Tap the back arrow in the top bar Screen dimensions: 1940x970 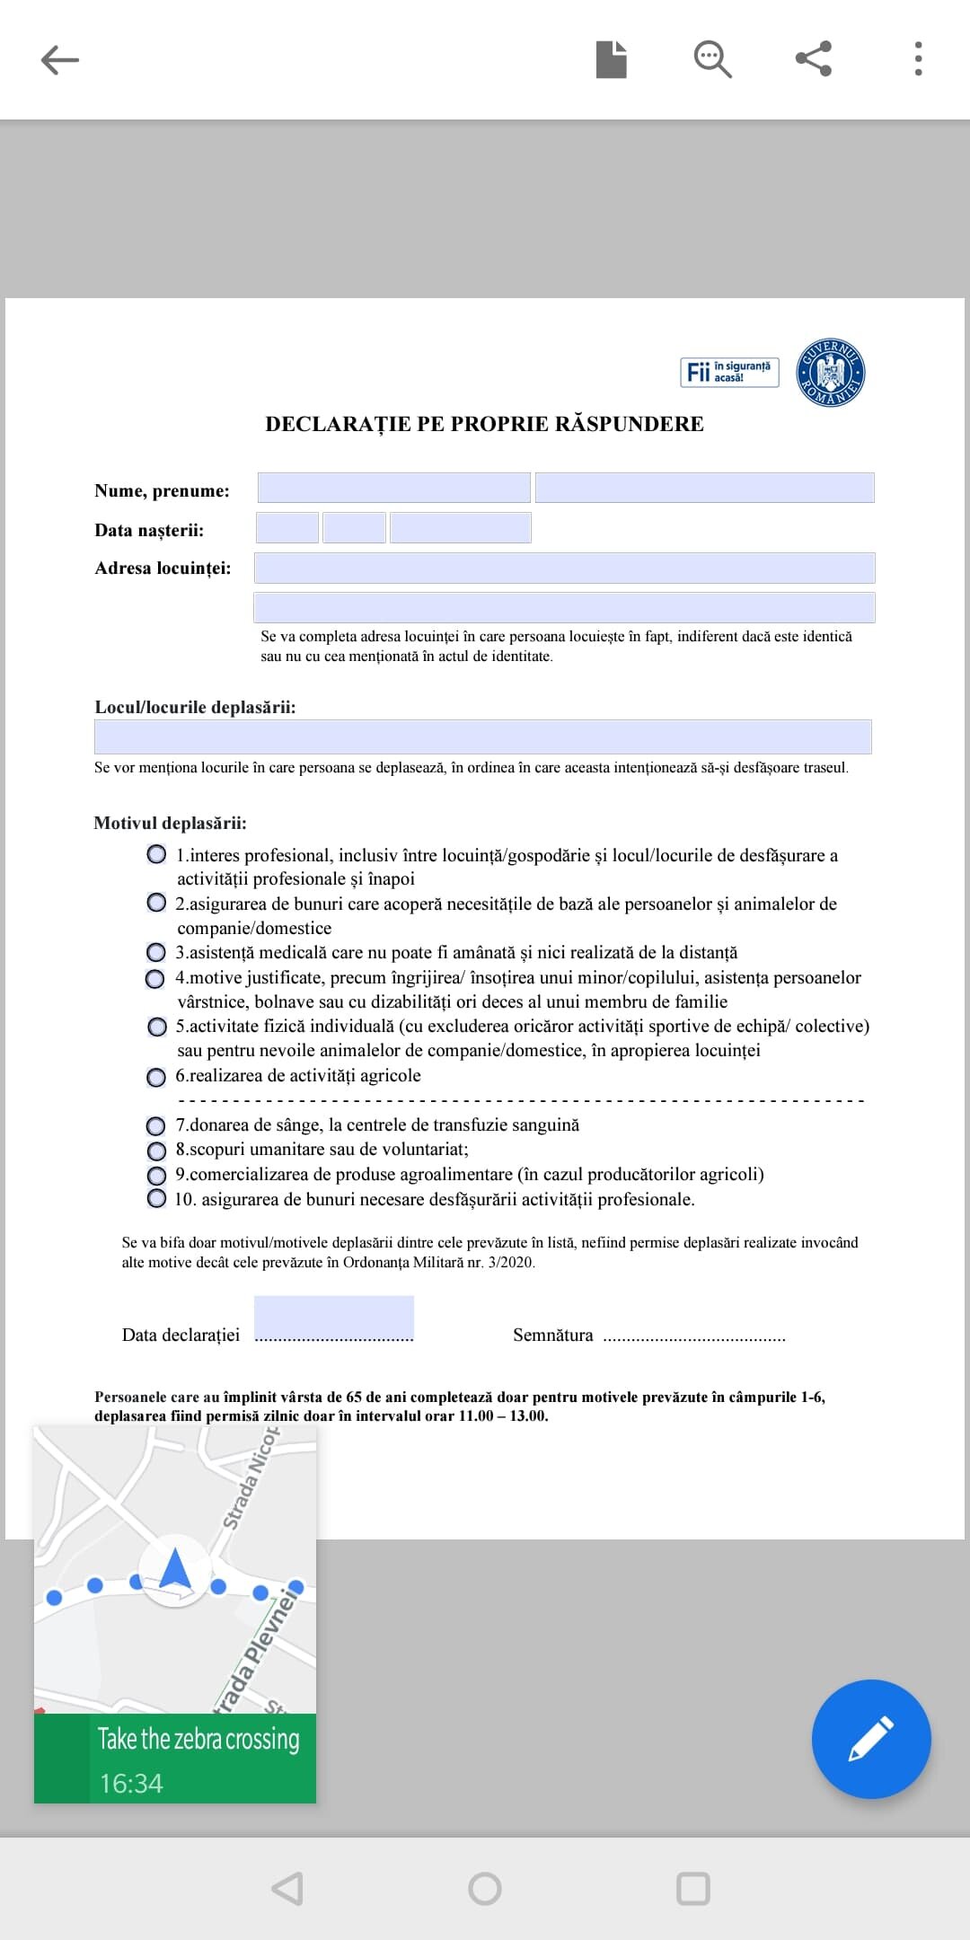coord(60,60)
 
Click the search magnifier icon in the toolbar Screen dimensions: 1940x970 coord(712,59)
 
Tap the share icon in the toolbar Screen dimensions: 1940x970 coord(814,59)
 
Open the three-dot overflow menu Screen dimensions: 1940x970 coord(918,59)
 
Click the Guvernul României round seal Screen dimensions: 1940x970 coord(831,373)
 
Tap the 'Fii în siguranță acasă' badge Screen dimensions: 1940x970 coord(728,372)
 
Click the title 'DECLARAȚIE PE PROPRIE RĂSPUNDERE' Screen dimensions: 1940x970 coord(484,424)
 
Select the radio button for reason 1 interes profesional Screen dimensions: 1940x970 coord(156,854)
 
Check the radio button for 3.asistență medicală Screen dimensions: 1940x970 coord(156,952)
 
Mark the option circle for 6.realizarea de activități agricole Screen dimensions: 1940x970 coord(156,1077)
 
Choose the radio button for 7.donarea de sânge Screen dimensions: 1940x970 coord(156,1125)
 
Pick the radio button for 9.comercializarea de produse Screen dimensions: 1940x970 coord(156,1175)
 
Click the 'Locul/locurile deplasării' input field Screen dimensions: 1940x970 coord(482,736)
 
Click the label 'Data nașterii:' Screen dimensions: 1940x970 coord(149,530)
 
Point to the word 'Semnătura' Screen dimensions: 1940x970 coord(552,1336)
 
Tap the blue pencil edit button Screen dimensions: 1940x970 coord(870,1739)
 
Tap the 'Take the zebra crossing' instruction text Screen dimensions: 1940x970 coord(198,1739)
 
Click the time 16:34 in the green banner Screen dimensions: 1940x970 coord(131,1783)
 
